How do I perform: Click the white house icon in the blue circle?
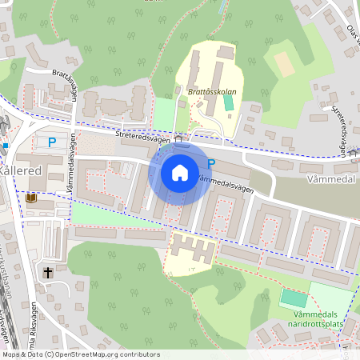coord(180,172)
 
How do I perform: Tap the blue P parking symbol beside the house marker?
coord(211,164)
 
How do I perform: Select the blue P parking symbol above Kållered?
coord(51,142)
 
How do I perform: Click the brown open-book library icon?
coord(32,198)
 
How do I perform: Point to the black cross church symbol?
coord(47,272)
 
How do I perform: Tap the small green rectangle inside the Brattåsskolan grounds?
coord(230,103)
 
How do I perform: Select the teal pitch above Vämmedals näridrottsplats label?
coord(294,299)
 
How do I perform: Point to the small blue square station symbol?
coord(5,146)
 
